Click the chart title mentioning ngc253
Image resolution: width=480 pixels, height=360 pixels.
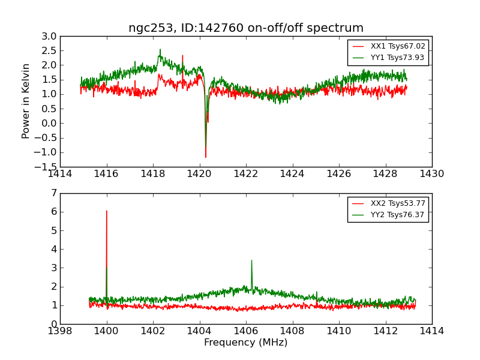point(246,28)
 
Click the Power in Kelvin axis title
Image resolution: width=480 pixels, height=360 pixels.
point(26,101)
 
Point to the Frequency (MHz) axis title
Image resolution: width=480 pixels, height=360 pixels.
point(246,343)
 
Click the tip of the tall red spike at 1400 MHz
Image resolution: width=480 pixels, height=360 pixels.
point(107,211)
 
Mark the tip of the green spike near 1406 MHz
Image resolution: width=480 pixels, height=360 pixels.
point(251,260)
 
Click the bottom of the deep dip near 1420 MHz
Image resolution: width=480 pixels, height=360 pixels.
point(205,157)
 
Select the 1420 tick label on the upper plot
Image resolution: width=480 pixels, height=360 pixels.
point(199,173)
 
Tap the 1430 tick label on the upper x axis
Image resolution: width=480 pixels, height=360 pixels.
point(431,173)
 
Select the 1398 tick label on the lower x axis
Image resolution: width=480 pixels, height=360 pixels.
point(60,331)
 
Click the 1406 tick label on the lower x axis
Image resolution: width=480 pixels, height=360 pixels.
point(246,331)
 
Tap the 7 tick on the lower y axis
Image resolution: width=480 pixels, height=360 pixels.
point(54,193)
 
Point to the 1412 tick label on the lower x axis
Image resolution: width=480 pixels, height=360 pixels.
point(385,331)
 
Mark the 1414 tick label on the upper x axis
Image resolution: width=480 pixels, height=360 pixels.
point(60,173)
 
